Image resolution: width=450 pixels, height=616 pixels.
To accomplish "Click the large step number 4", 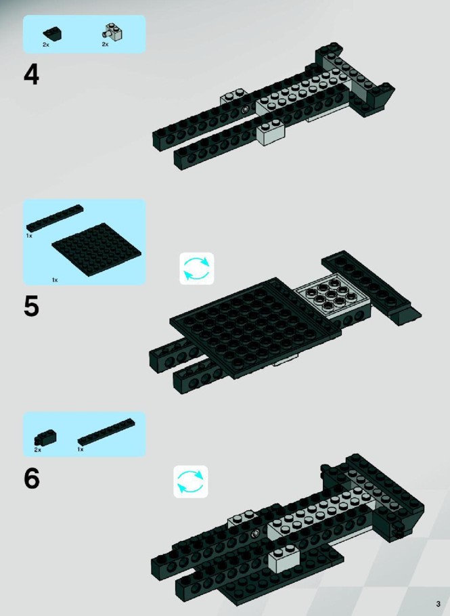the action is (31, 74).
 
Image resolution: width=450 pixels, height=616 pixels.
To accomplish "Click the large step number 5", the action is (31, 307).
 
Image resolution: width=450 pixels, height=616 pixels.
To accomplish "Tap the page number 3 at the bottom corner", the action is (438, 604).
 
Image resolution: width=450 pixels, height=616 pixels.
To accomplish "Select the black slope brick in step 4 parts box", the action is (53, 34).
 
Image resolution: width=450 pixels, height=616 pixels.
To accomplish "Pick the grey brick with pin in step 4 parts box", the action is (113, 33).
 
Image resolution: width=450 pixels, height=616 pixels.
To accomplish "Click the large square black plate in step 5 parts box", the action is (97, 250).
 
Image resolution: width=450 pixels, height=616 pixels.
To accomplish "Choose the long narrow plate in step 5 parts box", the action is (55, 217).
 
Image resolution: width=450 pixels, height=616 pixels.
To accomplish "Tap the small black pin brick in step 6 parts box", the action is (45, 439).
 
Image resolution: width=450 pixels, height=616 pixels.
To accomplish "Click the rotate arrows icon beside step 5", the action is (197, 269).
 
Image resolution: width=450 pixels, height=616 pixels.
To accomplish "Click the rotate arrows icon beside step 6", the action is (191, 482).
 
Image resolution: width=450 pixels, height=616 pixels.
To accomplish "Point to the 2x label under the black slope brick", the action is (46, 45).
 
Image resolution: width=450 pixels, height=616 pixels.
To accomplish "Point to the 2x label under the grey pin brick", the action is (106, 45).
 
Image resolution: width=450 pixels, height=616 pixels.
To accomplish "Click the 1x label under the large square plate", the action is (55, 280).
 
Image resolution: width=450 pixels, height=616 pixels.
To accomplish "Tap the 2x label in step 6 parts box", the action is (38, 450).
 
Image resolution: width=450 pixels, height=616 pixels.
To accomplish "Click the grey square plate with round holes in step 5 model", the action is (332, 296).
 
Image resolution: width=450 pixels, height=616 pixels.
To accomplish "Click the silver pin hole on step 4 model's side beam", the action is (246, 109).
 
